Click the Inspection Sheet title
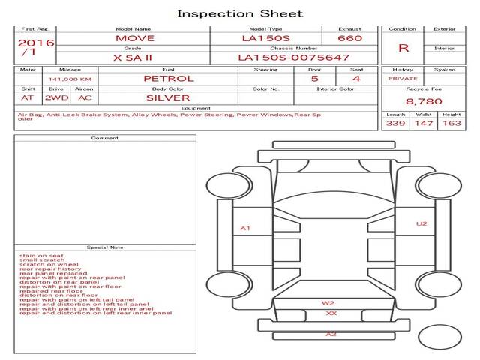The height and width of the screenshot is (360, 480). coord(240,13)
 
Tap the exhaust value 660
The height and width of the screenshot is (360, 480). coord(349,37)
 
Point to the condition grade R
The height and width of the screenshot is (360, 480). coord(403,48)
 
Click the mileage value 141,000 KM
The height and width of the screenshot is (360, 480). coord(70,79)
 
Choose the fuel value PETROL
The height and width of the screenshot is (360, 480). coord(168,78)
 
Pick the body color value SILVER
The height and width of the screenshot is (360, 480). coord(168,97)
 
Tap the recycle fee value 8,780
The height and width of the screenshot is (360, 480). coord(424,100)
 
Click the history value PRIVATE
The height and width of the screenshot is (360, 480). coord(403,78)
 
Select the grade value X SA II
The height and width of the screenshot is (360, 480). coord(132,57)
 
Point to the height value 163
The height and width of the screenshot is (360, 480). coord(451,123)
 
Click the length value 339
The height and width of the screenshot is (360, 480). coord(395,123)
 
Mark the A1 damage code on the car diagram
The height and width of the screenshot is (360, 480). coord(245,228)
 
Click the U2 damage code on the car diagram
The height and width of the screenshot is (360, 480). coord(421,223)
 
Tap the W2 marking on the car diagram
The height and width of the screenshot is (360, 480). coord(328,303)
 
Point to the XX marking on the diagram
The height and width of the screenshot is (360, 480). coord(331,313)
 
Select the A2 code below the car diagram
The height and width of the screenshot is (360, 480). coord(331,334)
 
